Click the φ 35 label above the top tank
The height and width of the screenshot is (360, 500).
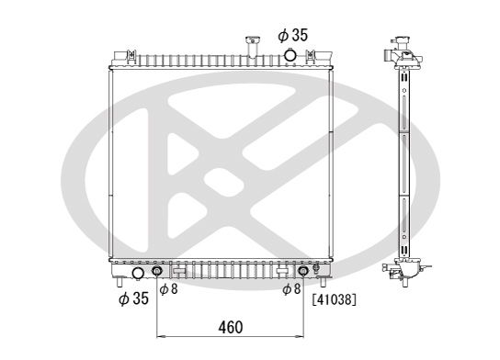point(292,35)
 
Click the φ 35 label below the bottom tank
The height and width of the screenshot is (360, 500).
point(133,298)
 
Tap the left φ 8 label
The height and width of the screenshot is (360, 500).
point(168,289)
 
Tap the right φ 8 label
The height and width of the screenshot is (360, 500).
point(291,289)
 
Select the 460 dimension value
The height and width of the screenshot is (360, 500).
point(231,327)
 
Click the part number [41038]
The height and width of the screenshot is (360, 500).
point(334,299)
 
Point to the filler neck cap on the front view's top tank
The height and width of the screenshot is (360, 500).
point(253,39)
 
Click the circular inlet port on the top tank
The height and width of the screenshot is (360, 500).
point(290,55)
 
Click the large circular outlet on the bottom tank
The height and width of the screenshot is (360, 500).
point(138,274)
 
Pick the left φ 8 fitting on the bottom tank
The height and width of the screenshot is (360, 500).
point(157,271)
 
